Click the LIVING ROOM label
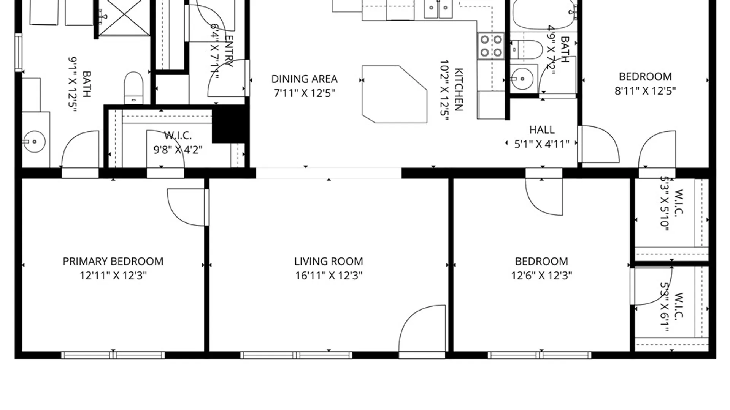pyautogui.click(x=328, y=261)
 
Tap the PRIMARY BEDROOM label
pyautogui.click(x=113, y=261)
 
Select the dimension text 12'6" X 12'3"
pyautogui.click(x=541, y=275)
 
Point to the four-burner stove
pyautogui.click(x=491, y=46)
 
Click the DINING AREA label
pyautogui.click(x=304, y=79)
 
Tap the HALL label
pyautogui.click(x=542, y=130)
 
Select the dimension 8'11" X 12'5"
pyautogui.click(x=645, y=91)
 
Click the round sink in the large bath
pyautogui.click(x=35, y=142)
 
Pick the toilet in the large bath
pyautogui.click(x=133, y=87)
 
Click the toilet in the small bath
pyautogui.click(x=527, y=50)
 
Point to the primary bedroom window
pyautogui.click(x=113, y=355)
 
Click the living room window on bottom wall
pyautogui.click(x=296, y=355)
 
